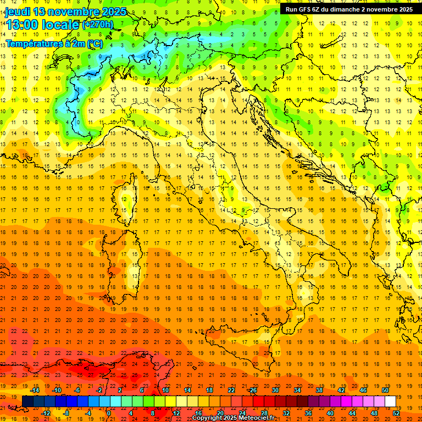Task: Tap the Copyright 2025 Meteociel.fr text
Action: pyautogui.click(x=233, y=418)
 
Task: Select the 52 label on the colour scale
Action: pyautogui.click(x=396, y=413)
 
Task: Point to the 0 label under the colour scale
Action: pyautogui.click(x=108, y=413)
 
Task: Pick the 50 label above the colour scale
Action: pyautogui.click(x=386, y=390)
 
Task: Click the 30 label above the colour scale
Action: pyautogui.click(x=275, y=390)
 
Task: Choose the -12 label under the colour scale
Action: pyautogui.click(x=46, y=413)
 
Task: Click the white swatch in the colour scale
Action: pyautogui.click(x=390, y=401)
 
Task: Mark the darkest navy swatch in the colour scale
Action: pyautogui.click(x=27, y=401)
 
